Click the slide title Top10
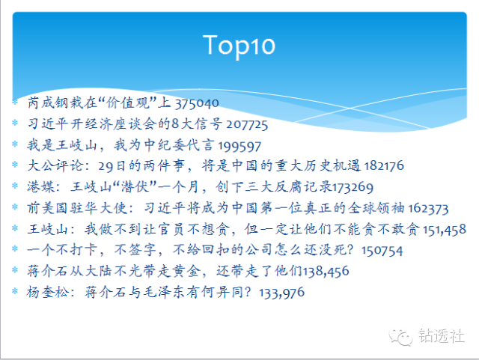click(239, 46)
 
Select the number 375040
click(197, 103)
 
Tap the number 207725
click(247, 125)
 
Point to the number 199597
click(239, 147)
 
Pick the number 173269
click(353, 187)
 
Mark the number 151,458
click(445, 230)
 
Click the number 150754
click(382, 251)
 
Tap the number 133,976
click(281, 293)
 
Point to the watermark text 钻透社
click(441, 336)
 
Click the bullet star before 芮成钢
click(15, 102)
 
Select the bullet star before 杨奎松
click(15, 291)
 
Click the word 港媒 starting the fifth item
click(40, 186)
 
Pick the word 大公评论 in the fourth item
click(55, 165)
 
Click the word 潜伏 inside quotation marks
click(135, 186)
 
